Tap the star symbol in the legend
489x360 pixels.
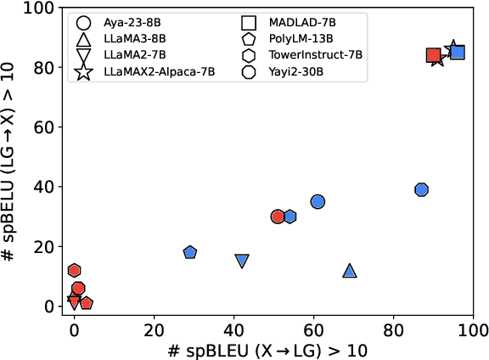pyautogui.click(x=84, y=72)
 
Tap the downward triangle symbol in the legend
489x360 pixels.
pyautogui.click(x=84, y=57)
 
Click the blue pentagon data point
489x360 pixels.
pyautogui.click(x=190, y=252)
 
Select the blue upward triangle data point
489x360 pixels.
pyautogui.click(x=350, y=271)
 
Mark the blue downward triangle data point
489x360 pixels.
pyautogui.click(x=242, y=261)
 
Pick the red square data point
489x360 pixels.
pyautogui.click(x=433, y=56)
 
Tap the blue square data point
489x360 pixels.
pyautogui.click(x=457, y=53)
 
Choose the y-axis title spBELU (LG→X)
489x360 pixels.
pyautogui.click(x=12, y=157)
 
